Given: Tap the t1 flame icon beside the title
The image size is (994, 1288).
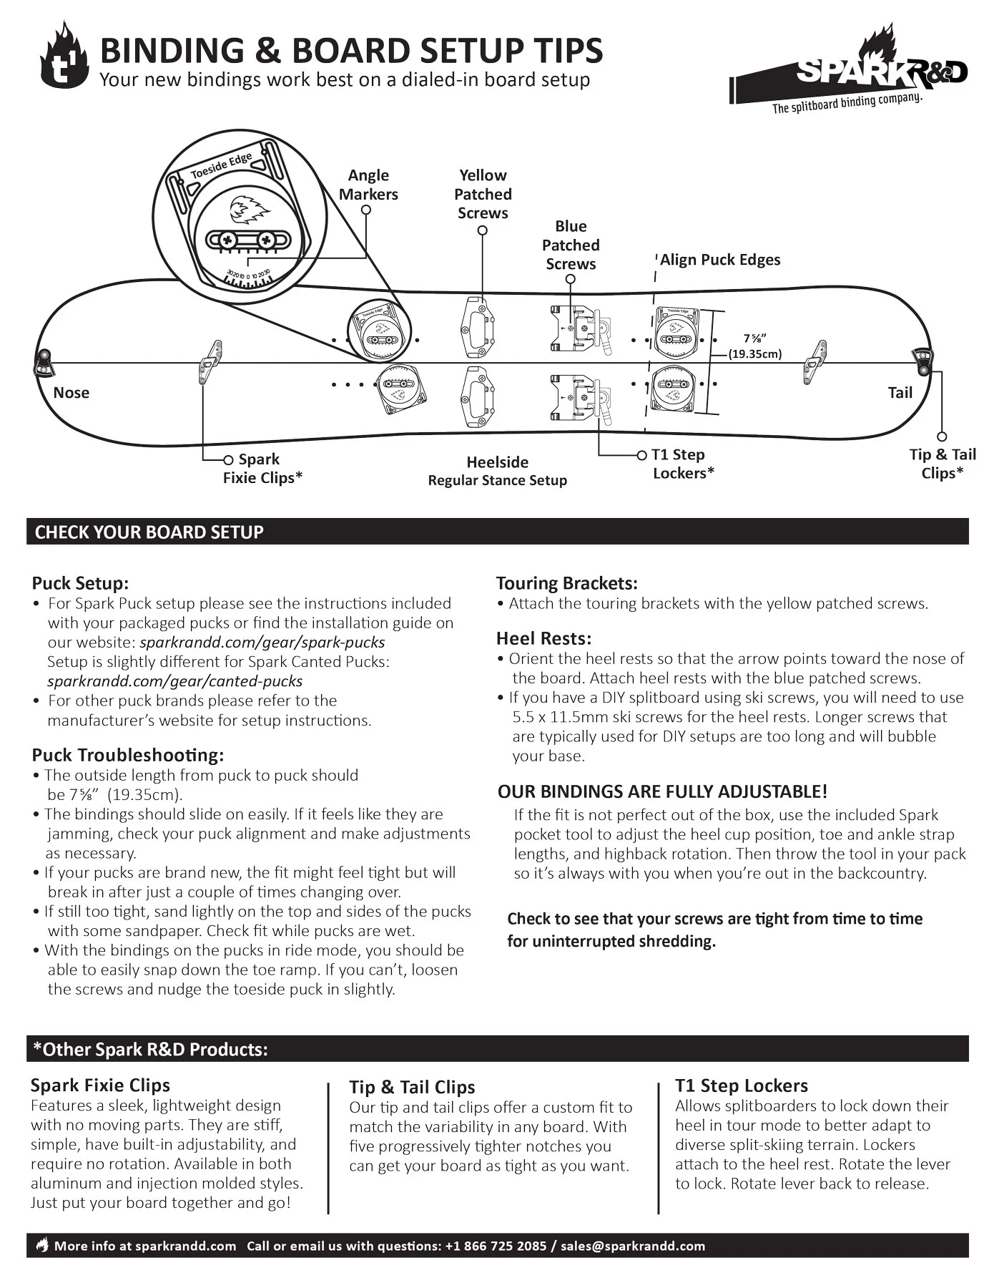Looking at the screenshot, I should pyautogui.click(x=64, y=57).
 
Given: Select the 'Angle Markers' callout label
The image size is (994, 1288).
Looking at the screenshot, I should pyautogui.click(x=368, y=185).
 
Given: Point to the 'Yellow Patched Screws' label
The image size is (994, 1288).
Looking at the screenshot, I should pyautogui.click(x=483, y=194).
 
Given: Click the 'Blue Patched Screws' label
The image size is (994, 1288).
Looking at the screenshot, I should pyautogui.click(x=571, y=245).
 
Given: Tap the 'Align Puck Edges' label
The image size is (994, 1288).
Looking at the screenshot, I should pyautogui.click(x=719, y=260).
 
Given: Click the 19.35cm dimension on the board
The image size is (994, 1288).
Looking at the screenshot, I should pyautogui.click(x=755, y=353).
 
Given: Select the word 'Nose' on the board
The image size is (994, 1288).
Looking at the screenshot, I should pyautogui.click(x=72, y=392).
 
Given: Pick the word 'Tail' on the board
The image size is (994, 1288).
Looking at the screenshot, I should pyautogui.click(x=900, y=392).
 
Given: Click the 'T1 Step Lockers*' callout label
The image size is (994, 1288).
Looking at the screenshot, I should pyautogui.click(x=682, y=464).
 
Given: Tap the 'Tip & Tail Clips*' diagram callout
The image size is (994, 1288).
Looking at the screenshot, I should pyautogui.click(x=942, y=464).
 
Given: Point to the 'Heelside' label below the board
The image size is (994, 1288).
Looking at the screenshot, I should pyautogui.click(x=497, y=462).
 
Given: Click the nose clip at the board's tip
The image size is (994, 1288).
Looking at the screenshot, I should pyautogui.click(x=43, y=361).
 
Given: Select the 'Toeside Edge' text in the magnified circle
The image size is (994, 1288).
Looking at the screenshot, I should pyautogui.click(x=221, y=165).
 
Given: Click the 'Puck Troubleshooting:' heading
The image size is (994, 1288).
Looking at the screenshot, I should pyautogui.click(x=128, y=755).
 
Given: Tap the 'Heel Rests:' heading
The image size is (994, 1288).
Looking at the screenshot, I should pyautogui.click(x=543, y=638).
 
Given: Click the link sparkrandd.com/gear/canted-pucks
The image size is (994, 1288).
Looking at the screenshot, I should pyautogui.click(x=175, y=681).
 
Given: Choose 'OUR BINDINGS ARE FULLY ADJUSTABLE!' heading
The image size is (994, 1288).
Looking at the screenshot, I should pyautogui.click(x=662, y=791).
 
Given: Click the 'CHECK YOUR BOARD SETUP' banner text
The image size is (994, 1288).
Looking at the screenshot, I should pyautogui.click(x=149, y=532).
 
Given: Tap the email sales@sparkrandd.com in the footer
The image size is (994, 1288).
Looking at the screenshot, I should pyautogui.click(x=632, y=1246).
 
